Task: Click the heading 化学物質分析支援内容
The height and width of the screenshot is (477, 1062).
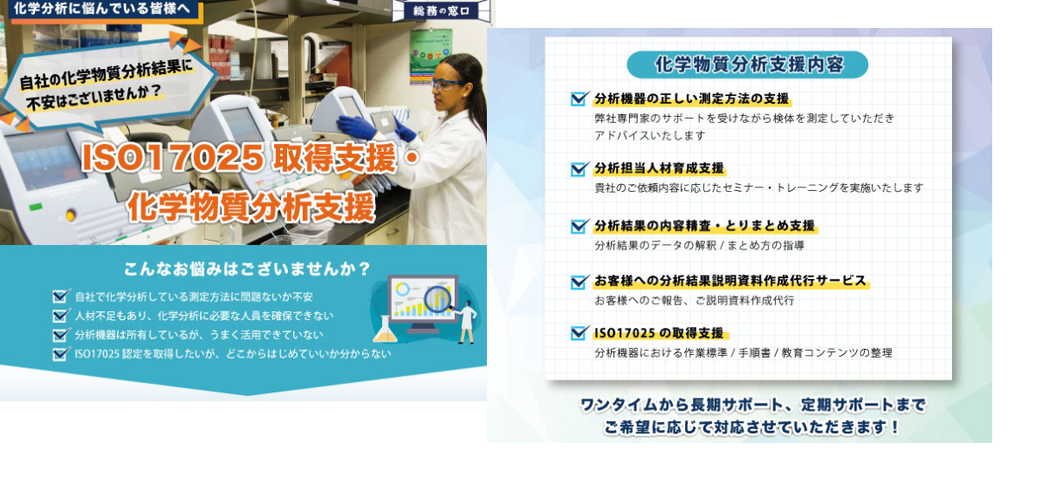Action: coord(749,65)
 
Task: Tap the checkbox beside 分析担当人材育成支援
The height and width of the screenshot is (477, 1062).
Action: coord(579,169)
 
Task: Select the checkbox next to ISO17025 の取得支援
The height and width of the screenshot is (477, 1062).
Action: coord(579,333)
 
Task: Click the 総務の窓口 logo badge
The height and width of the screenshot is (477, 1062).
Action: coord(442,10)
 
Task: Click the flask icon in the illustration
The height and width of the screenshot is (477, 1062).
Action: coord(385,330)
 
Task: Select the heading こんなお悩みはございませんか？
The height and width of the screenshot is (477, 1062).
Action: coord(247,269)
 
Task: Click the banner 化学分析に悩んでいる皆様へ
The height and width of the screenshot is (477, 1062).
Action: coord(101,8)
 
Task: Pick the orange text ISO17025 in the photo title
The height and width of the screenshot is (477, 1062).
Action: coord(173,157)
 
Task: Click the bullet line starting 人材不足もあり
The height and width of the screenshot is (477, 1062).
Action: coord(204,316)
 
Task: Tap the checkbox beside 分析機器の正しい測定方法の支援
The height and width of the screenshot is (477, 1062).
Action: coord(579,99)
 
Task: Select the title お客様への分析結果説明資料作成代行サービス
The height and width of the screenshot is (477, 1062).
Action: coord(730,281)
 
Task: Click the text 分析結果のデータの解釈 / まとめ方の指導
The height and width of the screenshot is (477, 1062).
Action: coord(699,245)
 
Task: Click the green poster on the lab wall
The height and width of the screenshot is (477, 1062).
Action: coord(431,58)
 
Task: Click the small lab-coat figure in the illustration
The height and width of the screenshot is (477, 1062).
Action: coord(467,322)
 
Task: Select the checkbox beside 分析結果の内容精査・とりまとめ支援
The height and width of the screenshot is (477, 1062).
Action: coord(579,227)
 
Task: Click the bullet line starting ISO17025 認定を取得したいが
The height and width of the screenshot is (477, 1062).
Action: coord(233,354)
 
